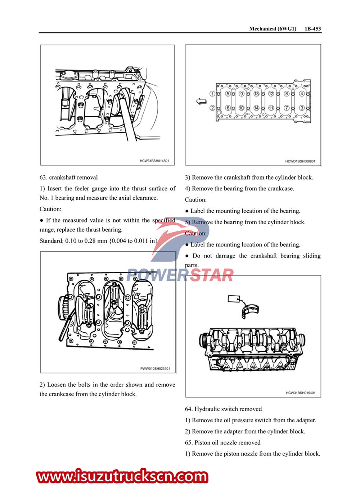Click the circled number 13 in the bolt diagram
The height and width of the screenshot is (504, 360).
tap(256, 94)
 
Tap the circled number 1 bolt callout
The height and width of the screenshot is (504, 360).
tap(212, 94)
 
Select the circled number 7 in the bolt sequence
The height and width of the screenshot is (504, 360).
tap(287, 108)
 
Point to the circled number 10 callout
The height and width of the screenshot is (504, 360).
tap(241, 108)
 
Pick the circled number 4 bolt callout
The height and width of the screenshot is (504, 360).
tap(302, 94)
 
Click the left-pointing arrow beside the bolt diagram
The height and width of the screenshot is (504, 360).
tap(201, 102)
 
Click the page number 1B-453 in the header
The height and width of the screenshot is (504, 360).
tap(312, 29)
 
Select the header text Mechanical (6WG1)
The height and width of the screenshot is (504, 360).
tap(273, 29)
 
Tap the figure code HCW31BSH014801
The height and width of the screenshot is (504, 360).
tap(154, 161)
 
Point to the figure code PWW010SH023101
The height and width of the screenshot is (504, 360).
tap(155, 369)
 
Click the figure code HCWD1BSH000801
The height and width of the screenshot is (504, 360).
tap(300, 161)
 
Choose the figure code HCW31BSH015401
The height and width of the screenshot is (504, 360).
tap(301, 393)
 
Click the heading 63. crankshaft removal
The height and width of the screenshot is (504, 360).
tap(69, 177)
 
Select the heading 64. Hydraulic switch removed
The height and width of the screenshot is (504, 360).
tap(223, 409)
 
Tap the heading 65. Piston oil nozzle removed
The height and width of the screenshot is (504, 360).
tap(222, 443)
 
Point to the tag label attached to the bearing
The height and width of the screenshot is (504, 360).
tap(234, 299)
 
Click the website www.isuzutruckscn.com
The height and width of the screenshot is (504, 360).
tap(122, 477)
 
